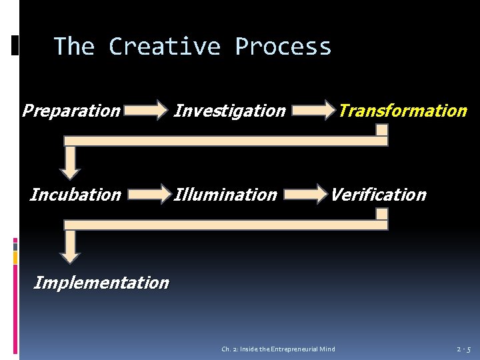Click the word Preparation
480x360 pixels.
pos(71,111)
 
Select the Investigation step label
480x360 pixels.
pos(229,111)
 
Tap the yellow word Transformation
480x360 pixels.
pos(402,111)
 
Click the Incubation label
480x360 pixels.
pos(75,195)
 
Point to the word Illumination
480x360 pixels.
pos(225,195)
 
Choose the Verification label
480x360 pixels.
pos(378,195)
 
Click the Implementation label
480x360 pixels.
pos(101,283)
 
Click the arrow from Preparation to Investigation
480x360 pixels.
pos(148,109)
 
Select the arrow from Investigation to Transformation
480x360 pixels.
pos(313,109)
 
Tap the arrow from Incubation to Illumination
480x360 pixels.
pos(148,194)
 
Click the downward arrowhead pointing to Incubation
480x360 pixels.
pos(69,170)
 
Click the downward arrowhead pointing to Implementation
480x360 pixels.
pos(69,254)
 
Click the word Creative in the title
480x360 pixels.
pos(164,47)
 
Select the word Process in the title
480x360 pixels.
pos(283,47)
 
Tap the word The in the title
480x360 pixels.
pos(74,47)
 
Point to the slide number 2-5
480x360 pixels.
pos(464,349)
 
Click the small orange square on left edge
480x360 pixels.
pos(15,257)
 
